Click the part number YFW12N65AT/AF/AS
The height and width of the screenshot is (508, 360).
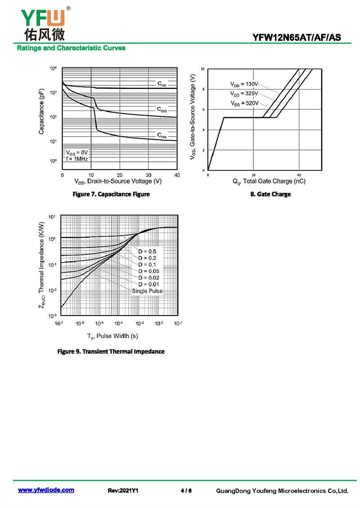coord(297,38)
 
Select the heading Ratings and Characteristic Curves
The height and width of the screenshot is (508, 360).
coord(71,48)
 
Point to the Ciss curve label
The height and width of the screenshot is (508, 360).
coord(162,84)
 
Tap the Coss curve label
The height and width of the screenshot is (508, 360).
coord(162,109)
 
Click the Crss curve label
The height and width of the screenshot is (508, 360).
coord(162,135)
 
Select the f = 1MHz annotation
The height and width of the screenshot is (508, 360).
coord(77,159)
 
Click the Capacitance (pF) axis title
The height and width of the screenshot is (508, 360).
coord(41,111)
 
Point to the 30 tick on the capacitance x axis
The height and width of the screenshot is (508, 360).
coord(148,175)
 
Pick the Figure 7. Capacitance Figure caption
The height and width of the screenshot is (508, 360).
coord(111,194)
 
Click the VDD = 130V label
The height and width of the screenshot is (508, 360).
coord(244,84)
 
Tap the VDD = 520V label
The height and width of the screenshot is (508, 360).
coord(245,103)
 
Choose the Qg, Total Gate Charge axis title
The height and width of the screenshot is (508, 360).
coord(269,182)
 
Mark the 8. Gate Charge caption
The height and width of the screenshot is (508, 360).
coord(270,194)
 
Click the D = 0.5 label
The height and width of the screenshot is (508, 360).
coord(147,251)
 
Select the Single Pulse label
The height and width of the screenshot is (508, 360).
coord(147,291)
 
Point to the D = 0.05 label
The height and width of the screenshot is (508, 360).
coord(149,271)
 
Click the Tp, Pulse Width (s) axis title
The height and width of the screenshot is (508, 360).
coord(112,336)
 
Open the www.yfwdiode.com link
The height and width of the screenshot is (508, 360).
coord(46,490)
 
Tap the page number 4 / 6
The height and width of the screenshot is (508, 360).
coord(186,490)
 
